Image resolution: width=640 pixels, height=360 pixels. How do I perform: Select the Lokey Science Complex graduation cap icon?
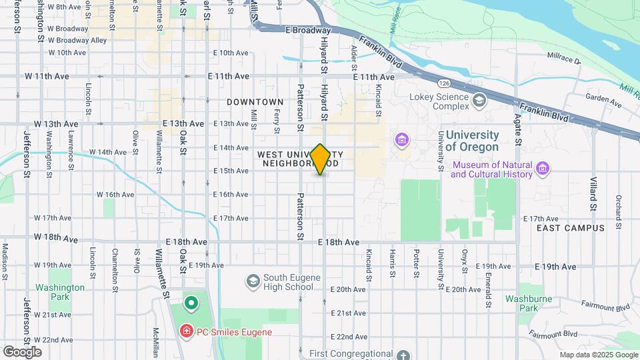coord(479,100)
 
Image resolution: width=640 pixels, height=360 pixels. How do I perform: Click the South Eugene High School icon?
coord(253,282)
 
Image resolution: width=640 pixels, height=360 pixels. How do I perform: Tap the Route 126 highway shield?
coord(444,83)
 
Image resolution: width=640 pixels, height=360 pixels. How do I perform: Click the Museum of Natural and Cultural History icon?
coord(543,169)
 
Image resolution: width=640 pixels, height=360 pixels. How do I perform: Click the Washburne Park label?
coord(529,304)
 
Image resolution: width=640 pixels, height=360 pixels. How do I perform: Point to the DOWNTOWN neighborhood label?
coord(255,102)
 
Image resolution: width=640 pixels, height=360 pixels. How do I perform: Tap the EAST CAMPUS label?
coord(570,228)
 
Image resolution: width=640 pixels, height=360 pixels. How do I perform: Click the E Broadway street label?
coord(307,30)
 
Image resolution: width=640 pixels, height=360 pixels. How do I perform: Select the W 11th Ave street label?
coord(52,77)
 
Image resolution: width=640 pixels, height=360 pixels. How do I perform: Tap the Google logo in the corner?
coord(22,351)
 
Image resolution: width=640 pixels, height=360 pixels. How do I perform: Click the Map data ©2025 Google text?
coord(597,355)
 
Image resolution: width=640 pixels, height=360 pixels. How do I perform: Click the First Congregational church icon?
coord(403,355)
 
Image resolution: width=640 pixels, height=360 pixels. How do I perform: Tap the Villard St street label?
coord(593,193)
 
